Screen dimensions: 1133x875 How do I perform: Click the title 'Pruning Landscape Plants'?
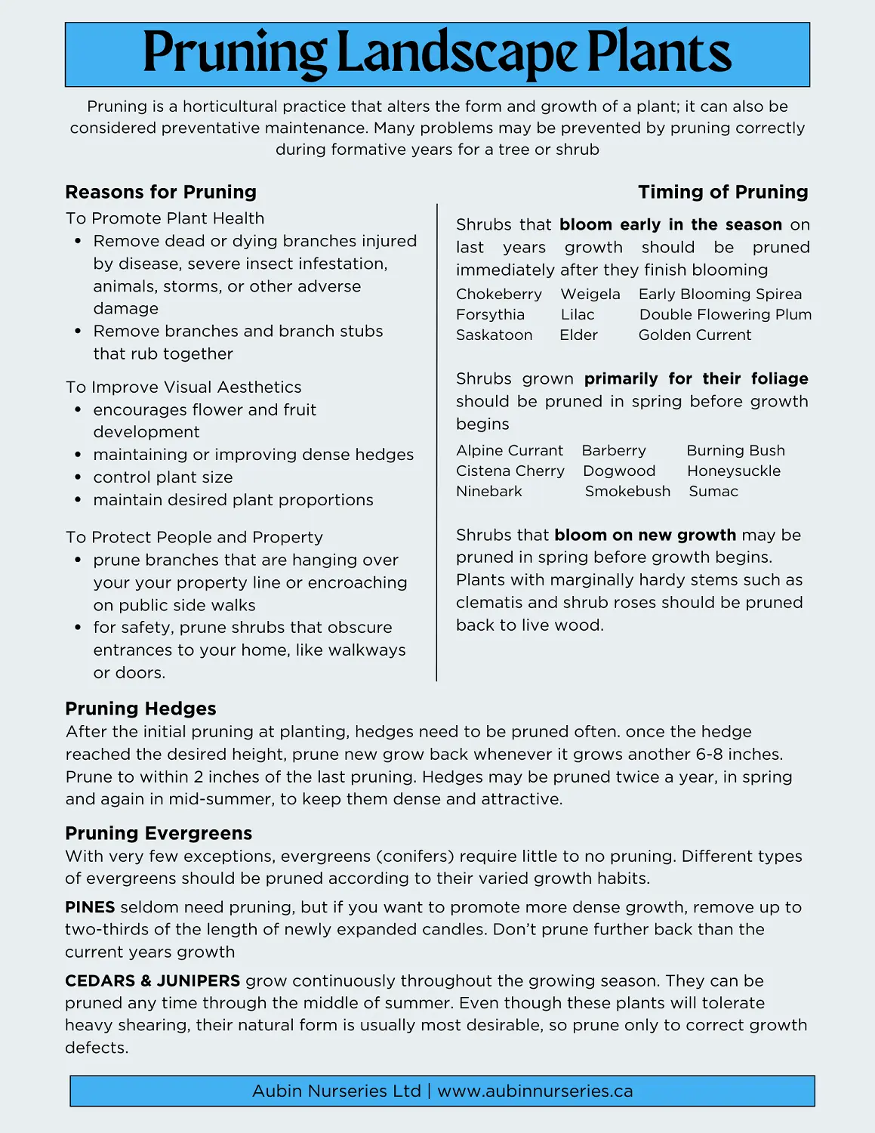[x=437, y=54]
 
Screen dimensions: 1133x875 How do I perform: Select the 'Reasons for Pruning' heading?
[x=161, y=192]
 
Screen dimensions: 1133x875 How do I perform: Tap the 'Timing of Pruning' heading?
[x=722, y=192]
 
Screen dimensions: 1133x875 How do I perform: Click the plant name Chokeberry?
[x=498, y=294]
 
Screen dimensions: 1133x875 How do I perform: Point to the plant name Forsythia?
[x=490, y=314]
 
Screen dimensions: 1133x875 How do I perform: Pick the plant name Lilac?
[x=578, y=314]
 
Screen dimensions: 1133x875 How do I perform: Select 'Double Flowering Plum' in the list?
[x=725, y=314]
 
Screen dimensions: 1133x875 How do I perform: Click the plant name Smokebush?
[x=627, y=491]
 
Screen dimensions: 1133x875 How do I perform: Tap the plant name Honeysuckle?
[x=733, y=471]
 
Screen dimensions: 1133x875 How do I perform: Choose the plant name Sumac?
[x=713, y=491]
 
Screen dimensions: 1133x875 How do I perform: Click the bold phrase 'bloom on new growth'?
[x=645, y=535]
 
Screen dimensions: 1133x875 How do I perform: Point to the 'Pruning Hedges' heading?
[x=140, y=709]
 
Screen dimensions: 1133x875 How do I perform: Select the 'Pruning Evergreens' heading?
[x=159, y=833]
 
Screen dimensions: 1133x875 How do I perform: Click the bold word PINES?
[x=90, y=907]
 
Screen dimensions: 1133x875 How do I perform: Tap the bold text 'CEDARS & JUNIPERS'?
[x=153, y=980]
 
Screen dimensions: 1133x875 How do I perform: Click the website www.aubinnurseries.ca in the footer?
[x=535, y=1091]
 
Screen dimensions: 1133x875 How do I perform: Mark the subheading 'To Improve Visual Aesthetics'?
[x=183, y=387]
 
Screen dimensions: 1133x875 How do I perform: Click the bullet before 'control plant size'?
[x=78, y=477]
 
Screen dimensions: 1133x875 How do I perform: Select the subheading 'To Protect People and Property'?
[x=194, y=537]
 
